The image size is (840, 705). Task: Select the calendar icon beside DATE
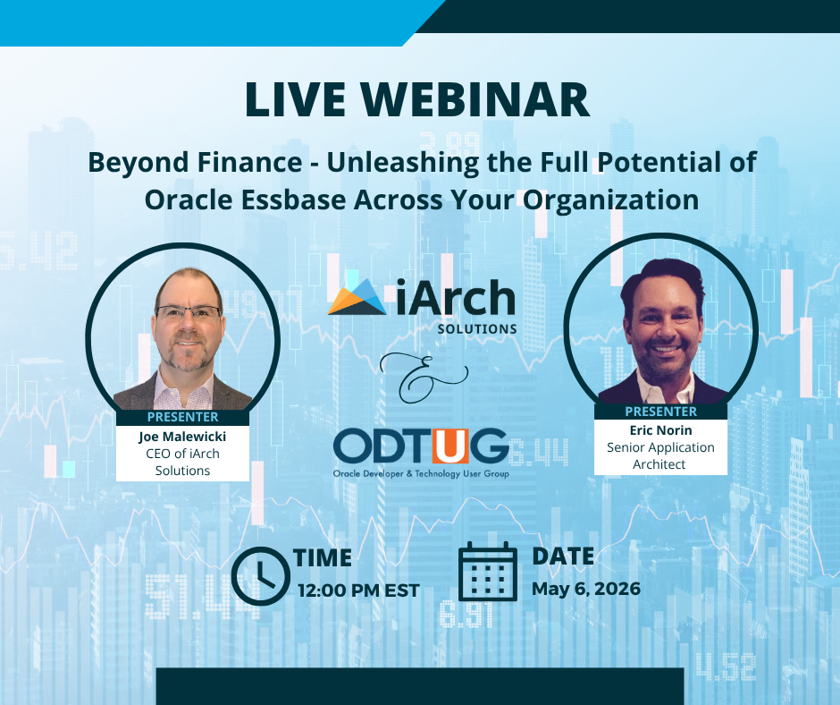488,573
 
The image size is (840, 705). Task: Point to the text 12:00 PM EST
359,590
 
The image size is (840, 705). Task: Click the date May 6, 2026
586,589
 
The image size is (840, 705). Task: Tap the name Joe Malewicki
182,437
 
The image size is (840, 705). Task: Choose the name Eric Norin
660,430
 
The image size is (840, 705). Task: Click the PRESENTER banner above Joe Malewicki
182,417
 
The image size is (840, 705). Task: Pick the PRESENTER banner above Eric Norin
660,412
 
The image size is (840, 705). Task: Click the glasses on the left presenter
188,313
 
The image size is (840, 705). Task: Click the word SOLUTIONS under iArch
477,328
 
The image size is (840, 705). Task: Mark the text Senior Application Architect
660,455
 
